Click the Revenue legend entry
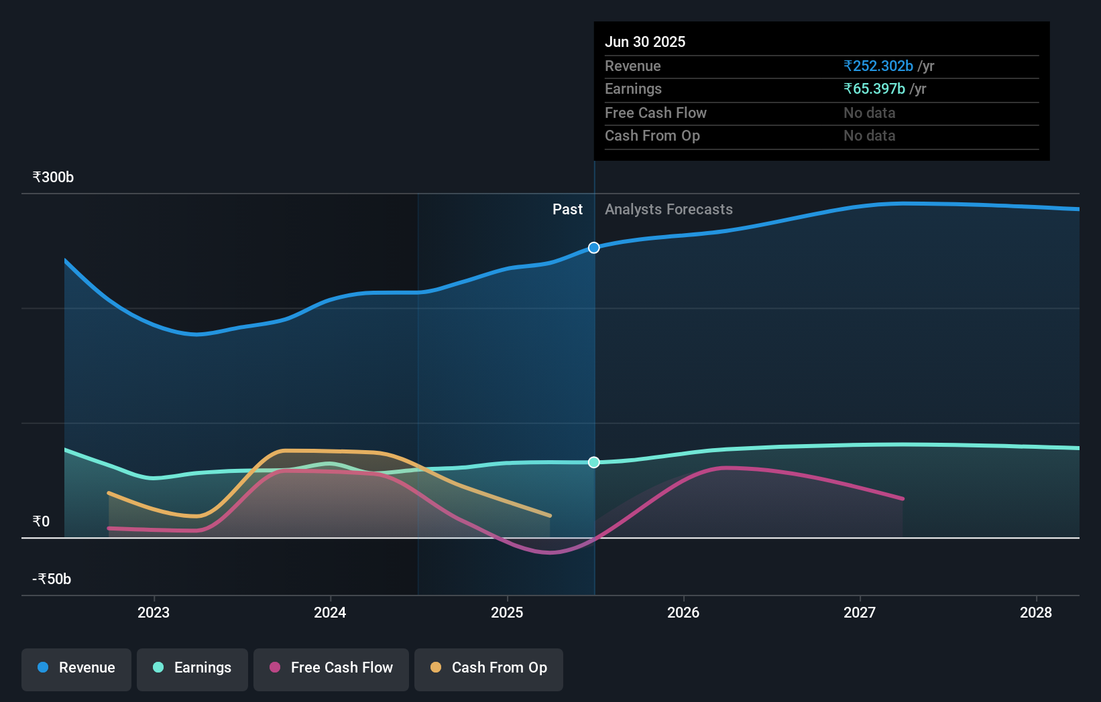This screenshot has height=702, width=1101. click(x=76, y=668)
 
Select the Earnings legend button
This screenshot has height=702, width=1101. click(x=192, y=668)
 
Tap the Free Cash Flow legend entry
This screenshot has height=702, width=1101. click(x=331, y=668)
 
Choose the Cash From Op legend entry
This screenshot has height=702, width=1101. click(x=489, y=668)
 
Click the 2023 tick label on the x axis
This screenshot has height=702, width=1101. click(x=154, y=612)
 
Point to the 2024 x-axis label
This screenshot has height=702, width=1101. click(x=330, y=612)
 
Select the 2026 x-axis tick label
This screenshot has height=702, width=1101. click(x=683, y=612)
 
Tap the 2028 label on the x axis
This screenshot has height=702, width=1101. click(x=1036, y=612)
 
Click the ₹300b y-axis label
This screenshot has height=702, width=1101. click(x=53, y=178)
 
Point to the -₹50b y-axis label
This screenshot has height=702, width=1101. click(x=52, y=579)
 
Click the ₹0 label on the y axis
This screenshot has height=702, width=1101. click(x=42, y=521)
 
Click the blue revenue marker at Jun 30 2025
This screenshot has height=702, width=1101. click(x=594, y=248)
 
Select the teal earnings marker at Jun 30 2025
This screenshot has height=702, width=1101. click(x=594, y=462)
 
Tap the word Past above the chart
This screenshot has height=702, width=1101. click(x=567, y=210)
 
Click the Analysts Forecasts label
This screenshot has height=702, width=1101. click(x=669, y=210)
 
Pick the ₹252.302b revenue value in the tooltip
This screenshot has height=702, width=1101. click(x=878, y=66)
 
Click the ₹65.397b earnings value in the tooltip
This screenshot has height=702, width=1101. click(x=874, y=89)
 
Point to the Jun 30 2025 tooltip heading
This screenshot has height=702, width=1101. click(x=645, y=42)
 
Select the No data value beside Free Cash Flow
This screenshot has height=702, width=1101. click(x=869, y=113)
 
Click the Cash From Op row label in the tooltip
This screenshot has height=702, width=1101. click(x=652, y=136)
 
